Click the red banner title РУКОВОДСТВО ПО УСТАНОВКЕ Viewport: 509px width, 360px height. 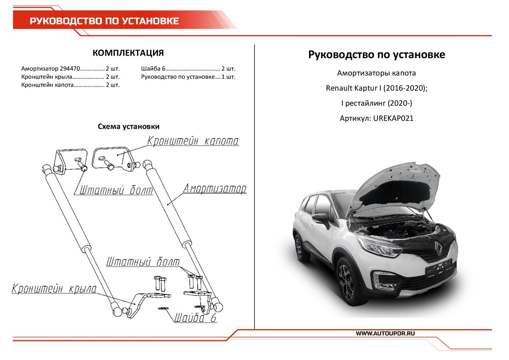tap(104, 21)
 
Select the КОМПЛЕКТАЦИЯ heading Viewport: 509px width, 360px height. tap(128, 53)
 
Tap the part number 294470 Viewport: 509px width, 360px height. tap(70, 68)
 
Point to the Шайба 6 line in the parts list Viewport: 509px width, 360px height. tap(188, 68)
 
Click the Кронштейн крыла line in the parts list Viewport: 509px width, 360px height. tap(70, 77)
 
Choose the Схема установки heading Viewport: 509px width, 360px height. tap(129, 127)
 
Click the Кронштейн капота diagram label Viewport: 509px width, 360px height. tap(193, 141)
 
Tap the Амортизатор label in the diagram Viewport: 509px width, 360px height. tap(214, 189)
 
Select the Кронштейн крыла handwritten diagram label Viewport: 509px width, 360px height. tap(54, 290)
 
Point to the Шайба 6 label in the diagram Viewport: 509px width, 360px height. tap(195, 318)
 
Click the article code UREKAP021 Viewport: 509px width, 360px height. tap(393, 119)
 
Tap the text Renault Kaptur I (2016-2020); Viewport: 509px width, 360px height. tap(377, 88)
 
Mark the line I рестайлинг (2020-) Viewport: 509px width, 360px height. tap(377, 104)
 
